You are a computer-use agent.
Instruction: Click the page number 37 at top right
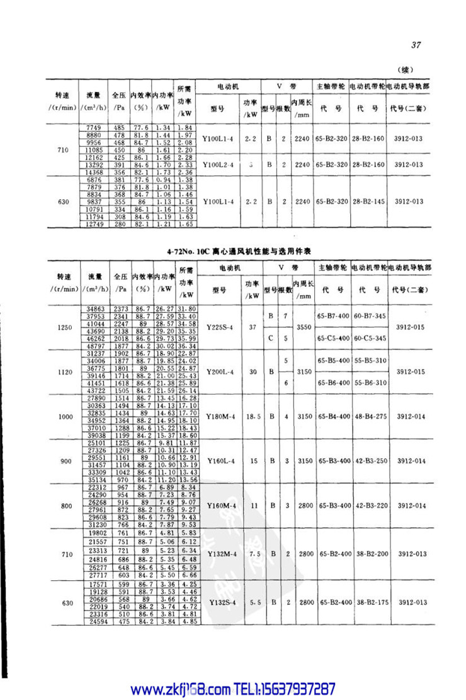click(x=416, y=45)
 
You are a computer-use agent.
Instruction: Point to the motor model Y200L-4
click(x=224, y=371)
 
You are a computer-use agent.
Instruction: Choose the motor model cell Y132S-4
click(x=224, y=603)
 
